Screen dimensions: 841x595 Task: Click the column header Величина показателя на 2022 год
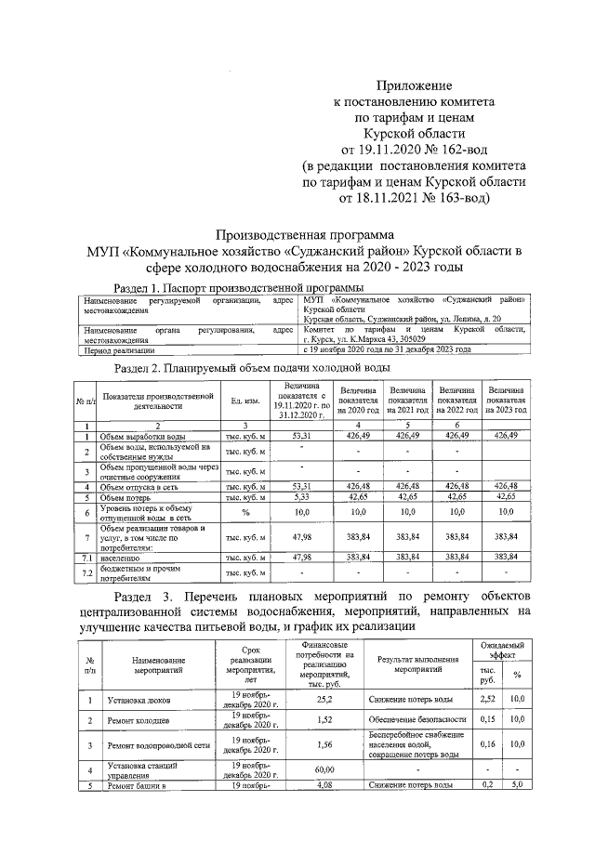456,401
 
